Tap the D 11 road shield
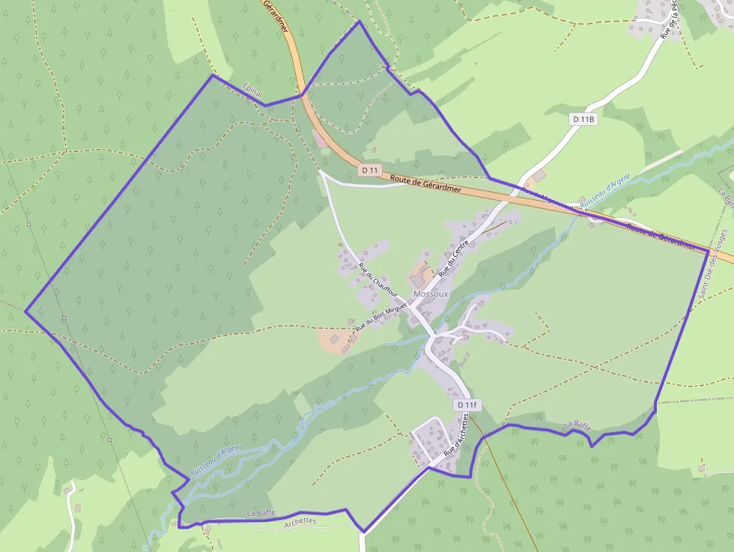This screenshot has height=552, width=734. (369, 170)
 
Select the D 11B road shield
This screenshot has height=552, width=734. (583, 118)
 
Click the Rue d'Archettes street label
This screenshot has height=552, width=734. (461, 437)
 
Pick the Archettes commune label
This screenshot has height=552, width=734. (300, 522)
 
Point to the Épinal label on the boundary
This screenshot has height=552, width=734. (254, 91)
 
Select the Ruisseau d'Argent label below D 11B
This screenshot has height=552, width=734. (604, 192)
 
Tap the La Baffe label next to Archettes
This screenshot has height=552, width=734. (261, 513)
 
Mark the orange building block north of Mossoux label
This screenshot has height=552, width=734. (421, 275)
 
